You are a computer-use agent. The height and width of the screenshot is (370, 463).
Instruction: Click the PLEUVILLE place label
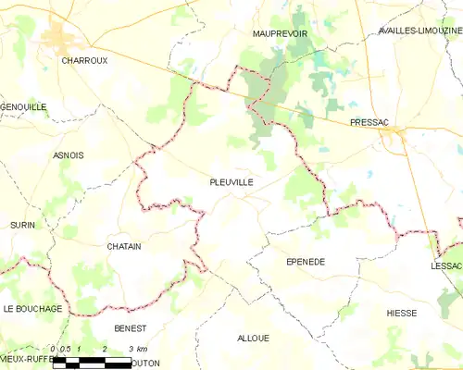pyautogui.click(x=231, y=183)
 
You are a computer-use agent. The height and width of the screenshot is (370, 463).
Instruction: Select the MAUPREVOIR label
pyautogui.click(x=280, y=33)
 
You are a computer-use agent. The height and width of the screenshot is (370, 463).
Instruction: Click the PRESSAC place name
pyautogui.click(x=368, y=122)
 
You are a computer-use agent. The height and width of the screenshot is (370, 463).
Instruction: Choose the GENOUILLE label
pyautogui.click(x=23, y=107)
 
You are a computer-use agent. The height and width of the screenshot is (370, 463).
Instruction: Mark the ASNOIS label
pyautogui.click(x=69, y=154)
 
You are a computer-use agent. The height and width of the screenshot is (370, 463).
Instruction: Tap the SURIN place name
pyautogui.click(x=22, y=225)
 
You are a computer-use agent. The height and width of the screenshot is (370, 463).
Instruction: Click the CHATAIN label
pyautogui.click(x=123, y=246)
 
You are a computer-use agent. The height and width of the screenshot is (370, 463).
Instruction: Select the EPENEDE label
pyautogui.click(x=304, y=262)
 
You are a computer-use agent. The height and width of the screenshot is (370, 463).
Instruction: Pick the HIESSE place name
pyautogui.click(x=402, y=313)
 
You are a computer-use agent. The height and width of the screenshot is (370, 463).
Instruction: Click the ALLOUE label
pyautogui.click(x=253, y=338)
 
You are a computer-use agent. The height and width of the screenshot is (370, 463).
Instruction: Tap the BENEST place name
pyautogui.click(x=130, y=327)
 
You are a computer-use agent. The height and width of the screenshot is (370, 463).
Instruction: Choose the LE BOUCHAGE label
pyautogui.click(x=32, y=308)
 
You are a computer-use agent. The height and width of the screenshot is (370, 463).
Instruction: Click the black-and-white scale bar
pyautogui.click(x=93, y=364)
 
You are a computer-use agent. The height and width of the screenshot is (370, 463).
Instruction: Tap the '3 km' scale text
pyautogui.click(x=138, y=349)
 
